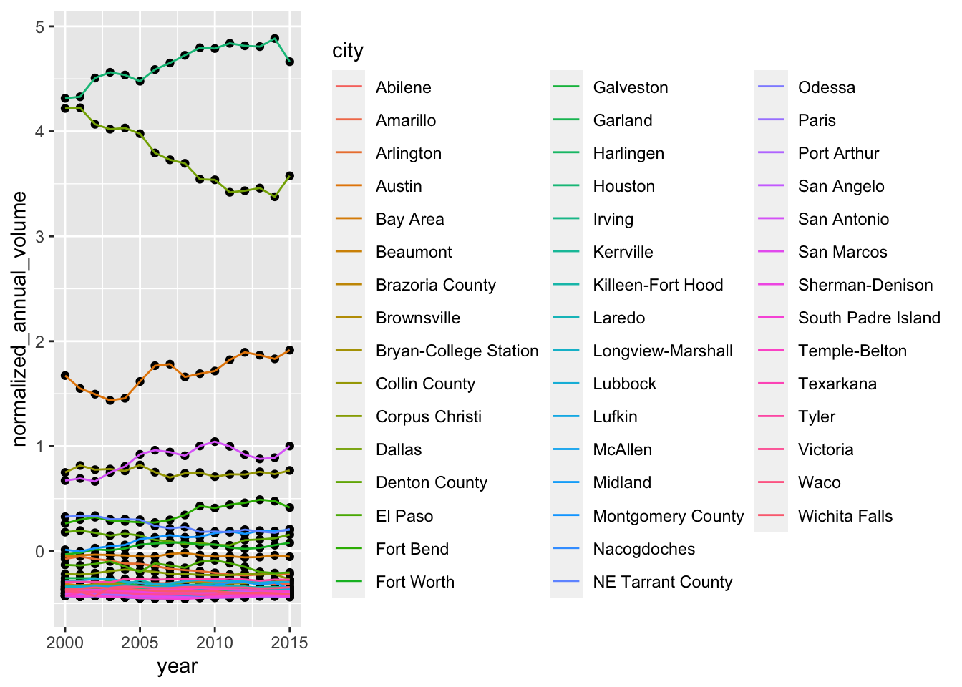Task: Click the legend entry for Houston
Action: coord(623,187)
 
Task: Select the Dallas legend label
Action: coord(399,450)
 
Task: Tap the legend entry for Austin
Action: coord(399,187)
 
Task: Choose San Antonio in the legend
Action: coord(843,220)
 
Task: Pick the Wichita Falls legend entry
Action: coord(845,517)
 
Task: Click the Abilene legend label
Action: coord(403,88)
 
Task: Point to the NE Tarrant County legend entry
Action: coord(662,583)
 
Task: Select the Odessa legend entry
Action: coord(826,88)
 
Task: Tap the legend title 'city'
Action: coord(348,51)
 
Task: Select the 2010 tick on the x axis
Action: coord(215,642)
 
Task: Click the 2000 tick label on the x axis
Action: coord(65,642)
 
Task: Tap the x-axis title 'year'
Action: coord(177,666)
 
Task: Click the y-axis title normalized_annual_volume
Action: coord(19,318)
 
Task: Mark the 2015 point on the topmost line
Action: coord(290,62)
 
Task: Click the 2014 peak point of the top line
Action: coord(275,39)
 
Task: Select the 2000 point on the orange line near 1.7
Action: coord(65,376)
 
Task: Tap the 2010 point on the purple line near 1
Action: coord(215,442)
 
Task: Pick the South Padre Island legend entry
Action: coord(869,318)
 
